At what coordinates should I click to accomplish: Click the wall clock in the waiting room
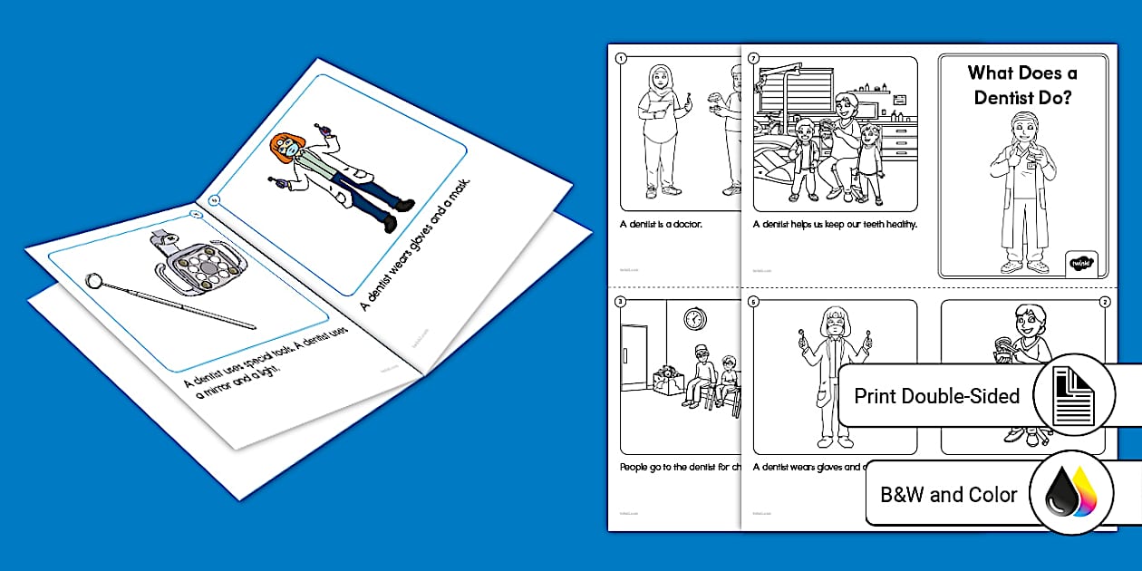(694, 319)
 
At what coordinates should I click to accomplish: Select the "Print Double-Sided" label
(936, 396)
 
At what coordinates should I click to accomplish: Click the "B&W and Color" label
(949, 496)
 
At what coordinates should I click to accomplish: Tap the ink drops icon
(1071, 495)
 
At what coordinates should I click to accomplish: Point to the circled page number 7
(754, 57)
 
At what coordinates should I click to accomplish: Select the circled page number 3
(621, 301)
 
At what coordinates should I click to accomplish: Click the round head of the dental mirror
(93, 279)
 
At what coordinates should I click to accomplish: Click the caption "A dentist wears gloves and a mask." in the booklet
(419, 247)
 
